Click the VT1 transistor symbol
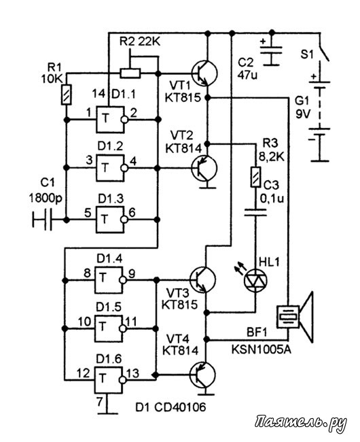tap(204, 73)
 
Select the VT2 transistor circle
tap(204, 168)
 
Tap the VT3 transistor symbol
tap(202, 279)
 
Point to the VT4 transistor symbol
tap(202, 375)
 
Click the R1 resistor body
tap(67, 95)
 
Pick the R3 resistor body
tap(255, 177)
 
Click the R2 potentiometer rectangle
tap(130, 73)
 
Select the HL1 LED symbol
tap(256, 280)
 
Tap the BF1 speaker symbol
tap(295, 317)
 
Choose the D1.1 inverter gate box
tap(110, 120)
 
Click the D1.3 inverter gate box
tap(110, 220)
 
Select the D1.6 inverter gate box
tap(109, 379)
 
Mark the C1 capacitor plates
tap(47, 220)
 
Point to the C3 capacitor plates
tap(255, 212)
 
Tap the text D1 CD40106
tap(170, 407)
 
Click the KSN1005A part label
tap(262, 350)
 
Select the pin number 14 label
tap(98, 93)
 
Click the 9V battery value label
tap(303, 114)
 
